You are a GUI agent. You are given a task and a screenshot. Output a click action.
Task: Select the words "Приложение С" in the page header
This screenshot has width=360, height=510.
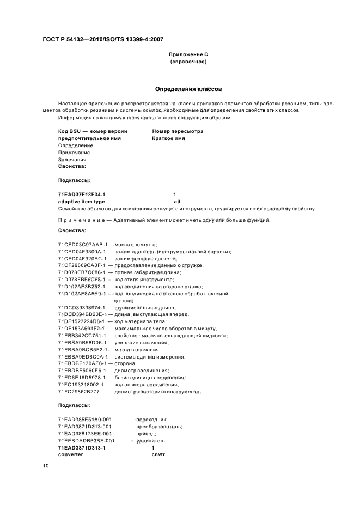point(188,55)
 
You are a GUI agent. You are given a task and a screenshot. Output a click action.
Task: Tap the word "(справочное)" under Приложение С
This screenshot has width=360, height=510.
point(188,62)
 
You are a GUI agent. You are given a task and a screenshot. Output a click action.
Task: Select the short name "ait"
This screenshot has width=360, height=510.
point(176,202)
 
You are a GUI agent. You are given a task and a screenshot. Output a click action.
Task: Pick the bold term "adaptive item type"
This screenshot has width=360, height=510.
point(81,202)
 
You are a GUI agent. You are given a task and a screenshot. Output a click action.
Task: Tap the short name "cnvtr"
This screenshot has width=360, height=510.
point(158,454)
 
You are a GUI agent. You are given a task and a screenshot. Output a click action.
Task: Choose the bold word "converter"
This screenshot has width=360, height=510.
point(71,454)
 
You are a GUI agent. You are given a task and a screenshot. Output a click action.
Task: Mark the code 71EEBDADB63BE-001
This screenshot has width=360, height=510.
point(86,440)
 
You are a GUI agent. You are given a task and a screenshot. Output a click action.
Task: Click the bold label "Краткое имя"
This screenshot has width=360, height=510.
point(168,138)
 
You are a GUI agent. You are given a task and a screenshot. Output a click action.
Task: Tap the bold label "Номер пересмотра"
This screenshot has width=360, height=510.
point(178,131)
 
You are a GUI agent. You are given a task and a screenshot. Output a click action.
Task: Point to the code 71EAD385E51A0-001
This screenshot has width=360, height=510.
point(85,419)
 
